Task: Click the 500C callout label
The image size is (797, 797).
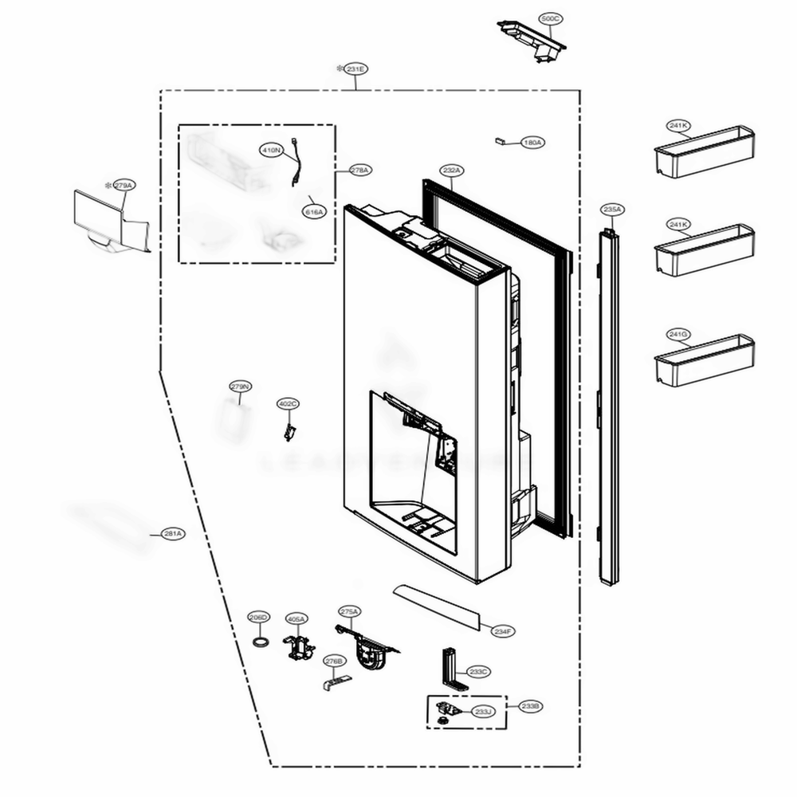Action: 550,18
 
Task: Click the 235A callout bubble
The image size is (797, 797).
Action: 611,210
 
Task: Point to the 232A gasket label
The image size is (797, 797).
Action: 451,171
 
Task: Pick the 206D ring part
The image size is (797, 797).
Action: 259,642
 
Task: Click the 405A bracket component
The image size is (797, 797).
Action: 298,648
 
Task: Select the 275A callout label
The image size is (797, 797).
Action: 349,611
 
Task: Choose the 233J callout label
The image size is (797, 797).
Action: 483,711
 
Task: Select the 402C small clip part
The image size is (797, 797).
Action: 289,431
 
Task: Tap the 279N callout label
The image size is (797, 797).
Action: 240,387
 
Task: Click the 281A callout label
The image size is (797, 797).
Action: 172,533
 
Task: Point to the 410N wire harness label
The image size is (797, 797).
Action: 271,149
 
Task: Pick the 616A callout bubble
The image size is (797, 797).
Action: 313,212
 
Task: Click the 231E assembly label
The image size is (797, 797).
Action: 355,69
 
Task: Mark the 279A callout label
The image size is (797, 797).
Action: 124,185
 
